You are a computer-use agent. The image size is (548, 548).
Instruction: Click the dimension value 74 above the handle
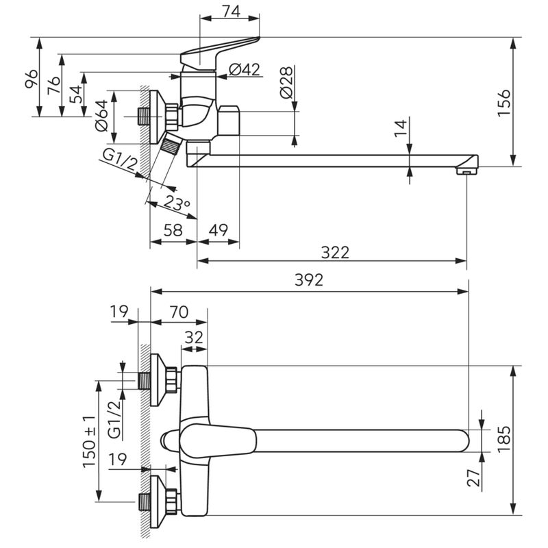point(232,12)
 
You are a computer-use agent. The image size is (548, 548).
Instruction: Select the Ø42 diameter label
point(245,70)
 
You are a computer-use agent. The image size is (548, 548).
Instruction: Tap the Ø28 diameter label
point(286,83)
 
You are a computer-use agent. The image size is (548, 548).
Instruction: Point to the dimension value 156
point(504,102)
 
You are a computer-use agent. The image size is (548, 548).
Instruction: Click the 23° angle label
point(177,202)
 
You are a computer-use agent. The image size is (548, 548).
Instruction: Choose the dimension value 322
point(335,252)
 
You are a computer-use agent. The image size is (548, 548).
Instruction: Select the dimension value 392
point(309,279)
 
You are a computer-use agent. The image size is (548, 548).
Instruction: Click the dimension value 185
point(504,438)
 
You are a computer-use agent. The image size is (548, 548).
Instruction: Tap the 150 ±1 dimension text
point(89,442)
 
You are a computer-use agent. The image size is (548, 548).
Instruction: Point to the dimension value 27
point(473,477)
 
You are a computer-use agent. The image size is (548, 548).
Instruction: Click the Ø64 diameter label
point(101,116)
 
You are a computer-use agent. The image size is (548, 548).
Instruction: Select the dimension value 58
point(173,230)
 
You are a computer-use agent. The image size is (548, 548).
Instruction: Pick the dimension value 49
point(219,230)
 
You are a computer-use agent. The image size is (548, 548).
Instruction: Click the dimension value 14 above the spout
point(401,128)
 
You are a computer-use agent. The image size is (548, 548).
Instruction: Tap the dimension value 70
point(179,312)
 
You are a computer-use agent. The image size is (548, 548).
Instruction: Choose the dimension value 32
point(194,338)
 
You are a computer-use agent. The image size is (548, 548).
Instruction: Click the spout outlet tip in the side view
point(467,171)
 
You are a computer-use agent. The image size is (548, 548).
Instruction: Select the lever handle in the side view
point(220,53)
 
